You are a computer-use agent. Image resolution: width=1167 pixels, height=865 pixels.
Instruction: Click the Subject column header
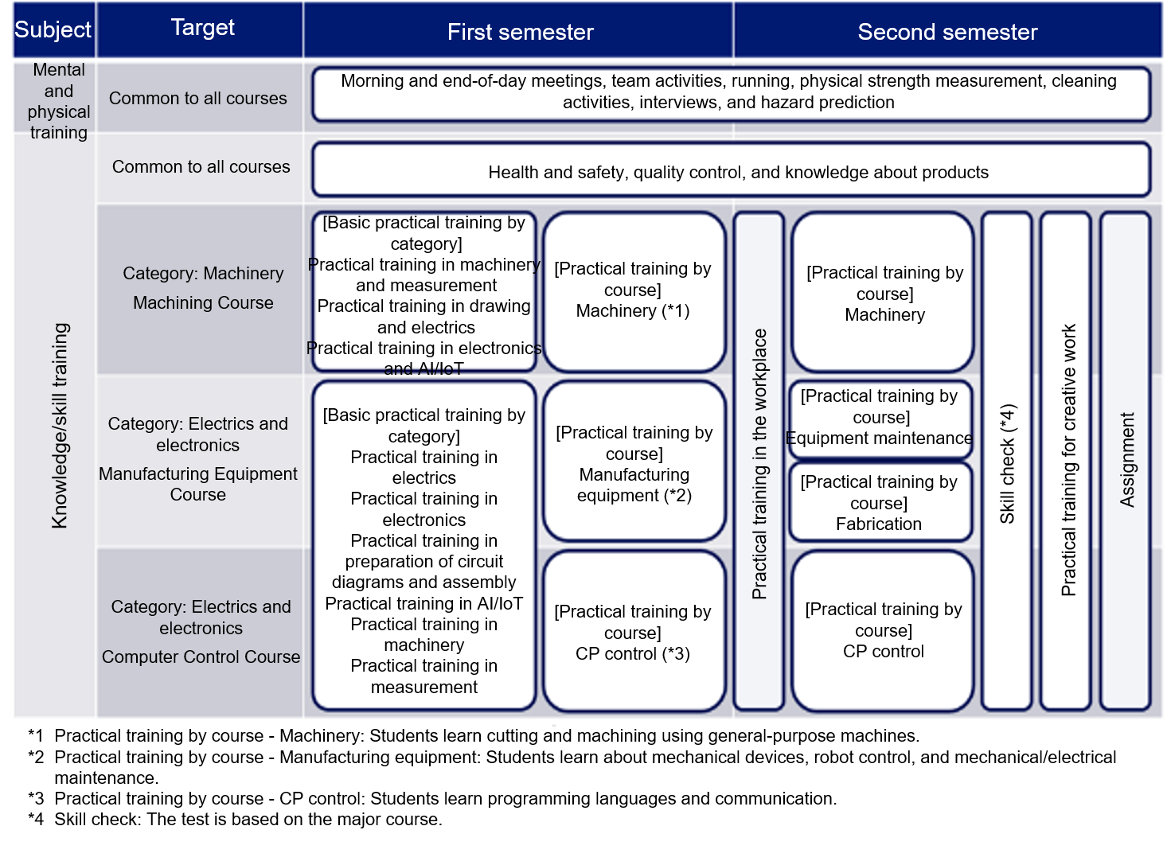(53, 29)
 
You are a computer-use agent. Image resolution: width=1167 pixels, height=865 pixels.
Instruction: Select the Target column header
(202, 28)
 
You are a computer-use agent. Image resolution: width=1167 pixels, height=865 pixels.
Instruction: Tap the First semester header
(520, 32)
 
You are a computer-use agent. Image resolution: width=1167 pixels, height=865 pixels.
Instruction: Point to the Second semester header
(947, 32)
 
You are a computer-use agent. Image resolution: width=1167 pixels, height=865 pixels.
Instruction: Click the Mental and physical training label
(58, 101)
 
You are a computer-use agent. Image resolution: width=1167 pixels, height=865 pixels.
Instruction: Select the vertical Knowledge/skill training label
(60, 425)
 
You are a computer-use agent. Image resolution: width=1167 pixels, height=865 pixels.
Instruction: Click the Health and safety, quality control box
(732, 170)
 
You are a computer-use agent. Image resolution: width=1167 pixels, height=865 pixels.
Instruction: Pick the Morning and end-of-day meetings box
(732, 94)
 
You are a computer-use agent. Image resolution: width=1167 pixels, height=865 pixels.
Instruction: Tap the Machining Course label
(203, 302)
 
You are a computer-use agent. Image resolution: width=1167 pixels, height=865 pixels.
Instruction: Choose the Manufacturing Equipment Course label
(198, 484)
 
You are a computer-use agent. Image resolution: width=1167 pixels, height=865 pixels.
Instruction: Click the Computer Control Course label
(201, 657)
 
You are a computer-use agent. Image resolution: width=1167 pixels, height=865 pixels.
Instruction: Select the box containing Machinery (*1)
(634, 292)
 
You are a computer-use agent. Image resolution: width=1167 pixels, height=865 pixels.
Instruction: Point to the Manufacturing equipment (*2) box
(634, 462)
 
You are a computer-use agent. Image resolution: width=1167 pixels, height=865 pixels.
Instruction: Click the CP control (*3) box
(634, 631)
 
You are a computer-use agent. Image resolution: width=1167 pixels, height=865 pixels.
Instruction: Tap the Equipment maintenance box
(880, 419)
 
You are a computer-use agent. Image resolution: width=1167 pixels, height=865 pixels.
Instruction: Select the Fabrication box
(880, 502)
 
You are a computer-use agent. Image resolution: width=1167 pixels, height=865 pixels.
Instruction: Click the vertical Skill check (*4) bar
(1006, 462)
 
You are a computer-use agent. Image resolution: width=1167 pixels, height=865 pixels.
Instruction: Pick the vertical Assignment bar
(1126, 462)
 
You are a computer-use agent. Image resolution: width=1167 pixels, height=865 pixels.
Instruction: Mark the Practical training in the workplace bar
(759, 462)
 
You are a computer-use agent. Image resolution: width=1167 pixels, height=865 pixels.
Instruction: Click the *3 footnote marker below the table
(36, 798)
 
